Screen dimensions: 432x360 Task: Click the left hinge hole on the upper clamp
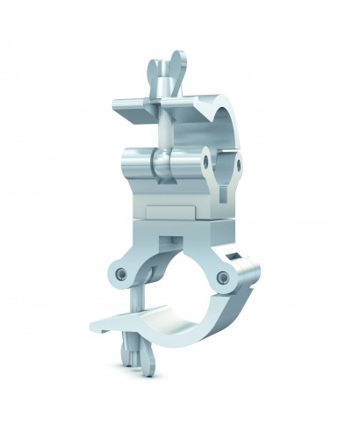[204, 163]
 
